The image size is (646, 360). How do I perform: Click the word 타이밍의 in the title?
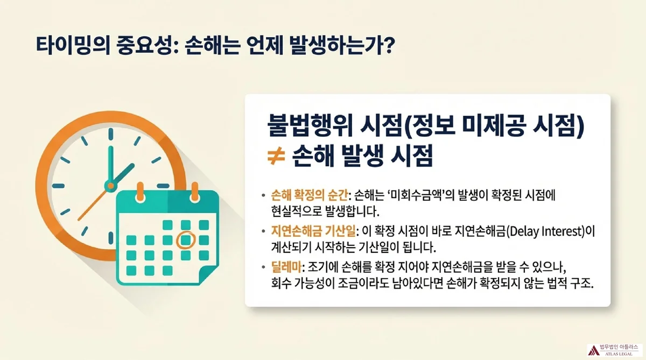[73, 46]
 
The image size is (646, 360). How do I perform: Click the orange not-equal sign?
[276, 156]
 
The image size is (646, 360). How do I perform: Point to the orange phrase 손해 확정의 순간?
[309, 195]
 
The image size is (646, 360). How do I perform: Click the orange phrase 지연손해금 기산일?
[313, 231]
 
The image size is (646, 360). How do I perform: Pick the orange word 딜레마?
[286, 267]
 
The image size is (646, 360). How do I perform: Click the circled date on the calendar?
[186, 240]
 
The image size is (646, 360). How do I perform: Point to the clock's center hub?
[110, 186]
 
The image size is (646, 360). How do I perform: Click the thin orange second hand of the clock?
[93, 204]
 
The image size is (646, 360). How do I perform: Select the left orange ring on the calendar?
[140, 192]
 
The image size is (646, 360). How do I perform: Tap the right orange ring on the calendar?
[195, 192]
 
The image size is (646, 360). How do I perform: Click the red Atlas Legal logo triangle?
[593, 350]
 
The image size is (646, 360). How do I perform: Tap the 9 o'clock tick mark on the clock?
[58, 186]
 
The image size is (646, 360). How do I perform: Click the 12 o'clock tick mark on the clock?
[111, 135]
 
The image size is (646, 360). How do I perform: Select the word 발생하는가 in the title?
[333, 46]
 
